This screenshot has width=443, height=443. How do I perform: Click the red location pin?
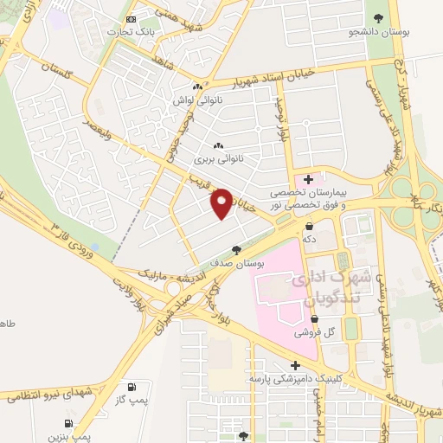click(x=222, y=202)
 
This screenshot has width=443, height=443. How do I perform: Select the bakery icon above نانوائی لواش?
click(x=198, y=87)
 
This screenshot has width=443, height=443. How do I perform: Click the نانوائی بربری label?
click(x=215, y=159)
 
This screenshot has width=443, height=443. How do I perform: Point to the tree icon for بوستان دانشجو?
click(x=376, y=16)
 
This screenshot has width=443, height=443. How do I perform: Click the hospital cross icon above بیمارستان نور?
click(x=308, y=178)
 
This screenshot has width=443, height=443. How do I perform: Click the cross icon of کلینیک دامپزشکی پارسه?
click(x=296, y=365)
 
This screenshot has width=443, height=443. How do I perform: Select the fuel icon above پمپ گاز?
click(x=132, y=387)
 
